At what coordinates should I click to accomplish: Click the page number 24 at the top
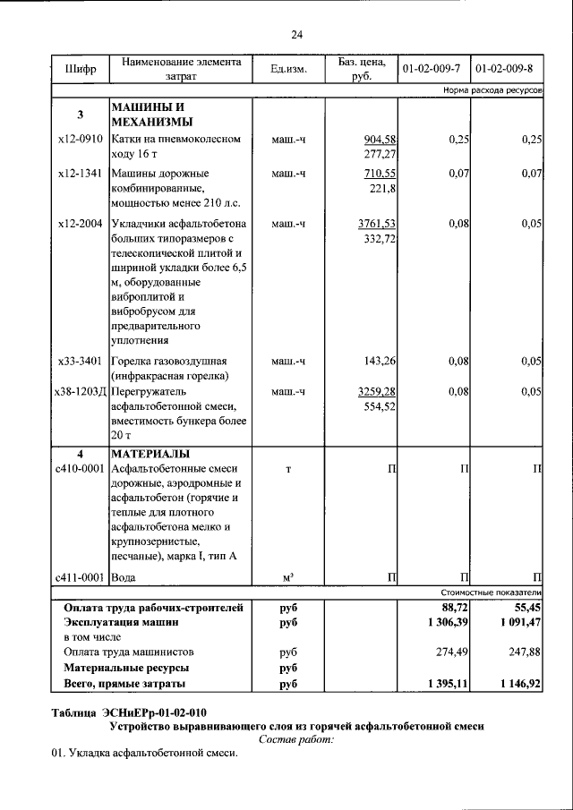click(x=296, y=34)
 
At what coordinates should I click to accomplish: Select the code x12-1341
click(x=80, y=173)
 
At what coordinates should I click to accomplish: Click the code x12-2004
click(x=80, y=223)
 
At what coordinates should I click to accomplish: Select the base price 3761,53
click(x=376, y=223)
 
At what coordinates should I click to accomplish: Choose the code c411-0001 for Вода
click(x=80, y=577)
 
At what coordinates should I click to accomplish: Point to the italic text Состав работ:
click(x=296, y=739)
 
